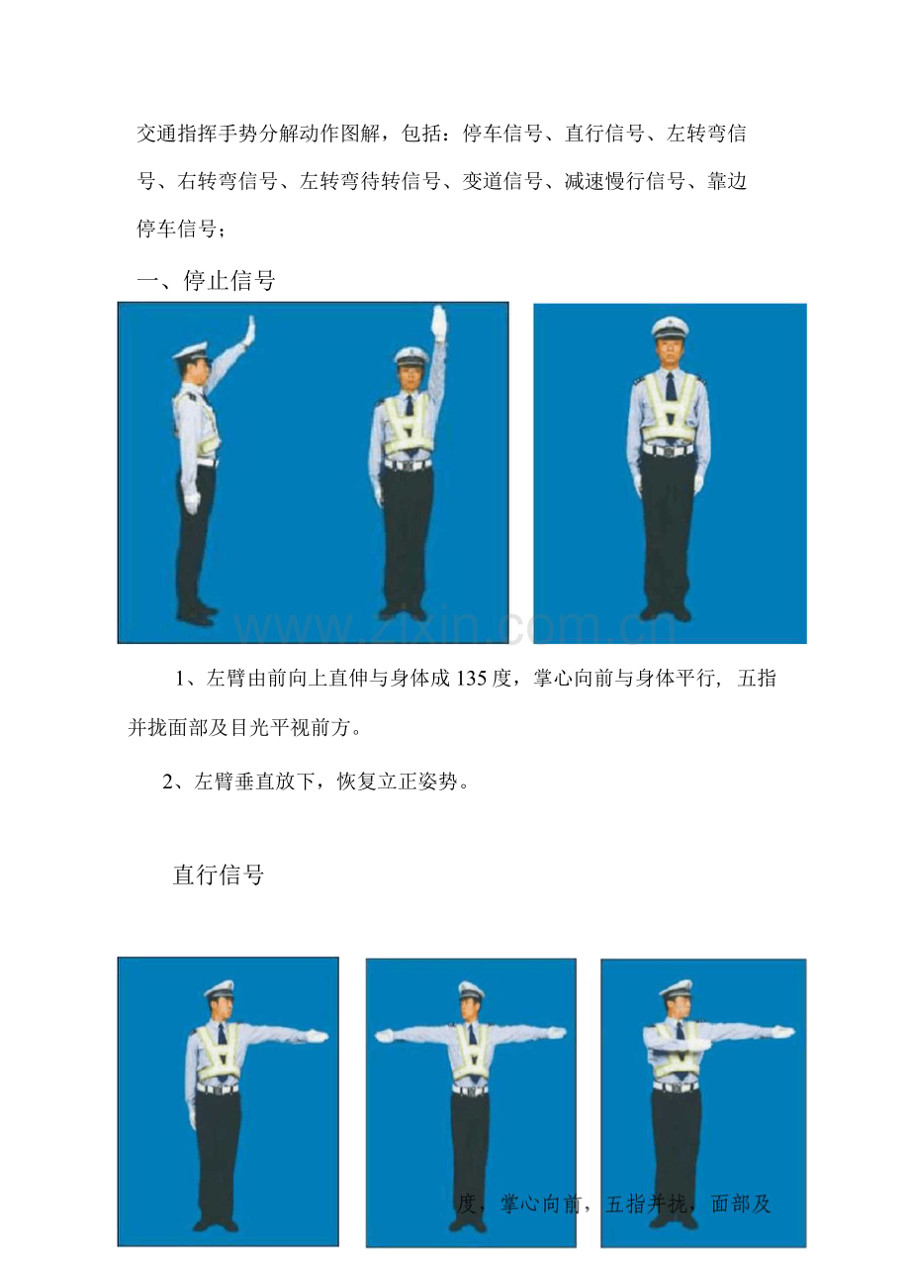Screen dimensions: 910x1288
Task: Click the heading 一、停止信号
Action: coord(206,281)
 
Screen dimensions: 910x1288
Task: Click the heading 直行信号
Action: coord(219,874)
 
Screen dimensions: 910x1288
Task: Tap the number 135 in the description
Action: coord(470,679)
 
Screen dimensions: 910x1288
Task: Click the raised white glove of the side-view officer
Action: coord(249,330)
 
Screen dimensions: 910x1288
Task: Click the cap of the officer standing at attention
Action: coord(670,327)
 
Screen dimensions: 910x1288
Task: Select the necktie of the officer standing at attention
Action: coord(671,387)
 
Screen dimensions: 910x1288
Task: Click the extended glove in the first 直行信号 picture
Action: coord(316,1036)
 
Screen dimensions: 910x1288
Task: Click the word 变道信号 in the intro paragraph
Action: coord(502,181)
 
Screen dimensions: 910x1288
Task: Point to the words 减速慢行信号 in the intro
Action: coord(624,181)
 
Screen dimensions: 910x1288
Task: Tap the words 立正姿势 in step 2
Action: coord(418,782)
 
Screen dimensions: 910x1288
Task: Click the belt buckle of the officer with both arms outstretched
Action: coord(470,1090)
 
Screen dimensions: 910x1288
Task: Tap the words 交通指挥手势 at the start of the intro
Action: coord(197,134)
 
